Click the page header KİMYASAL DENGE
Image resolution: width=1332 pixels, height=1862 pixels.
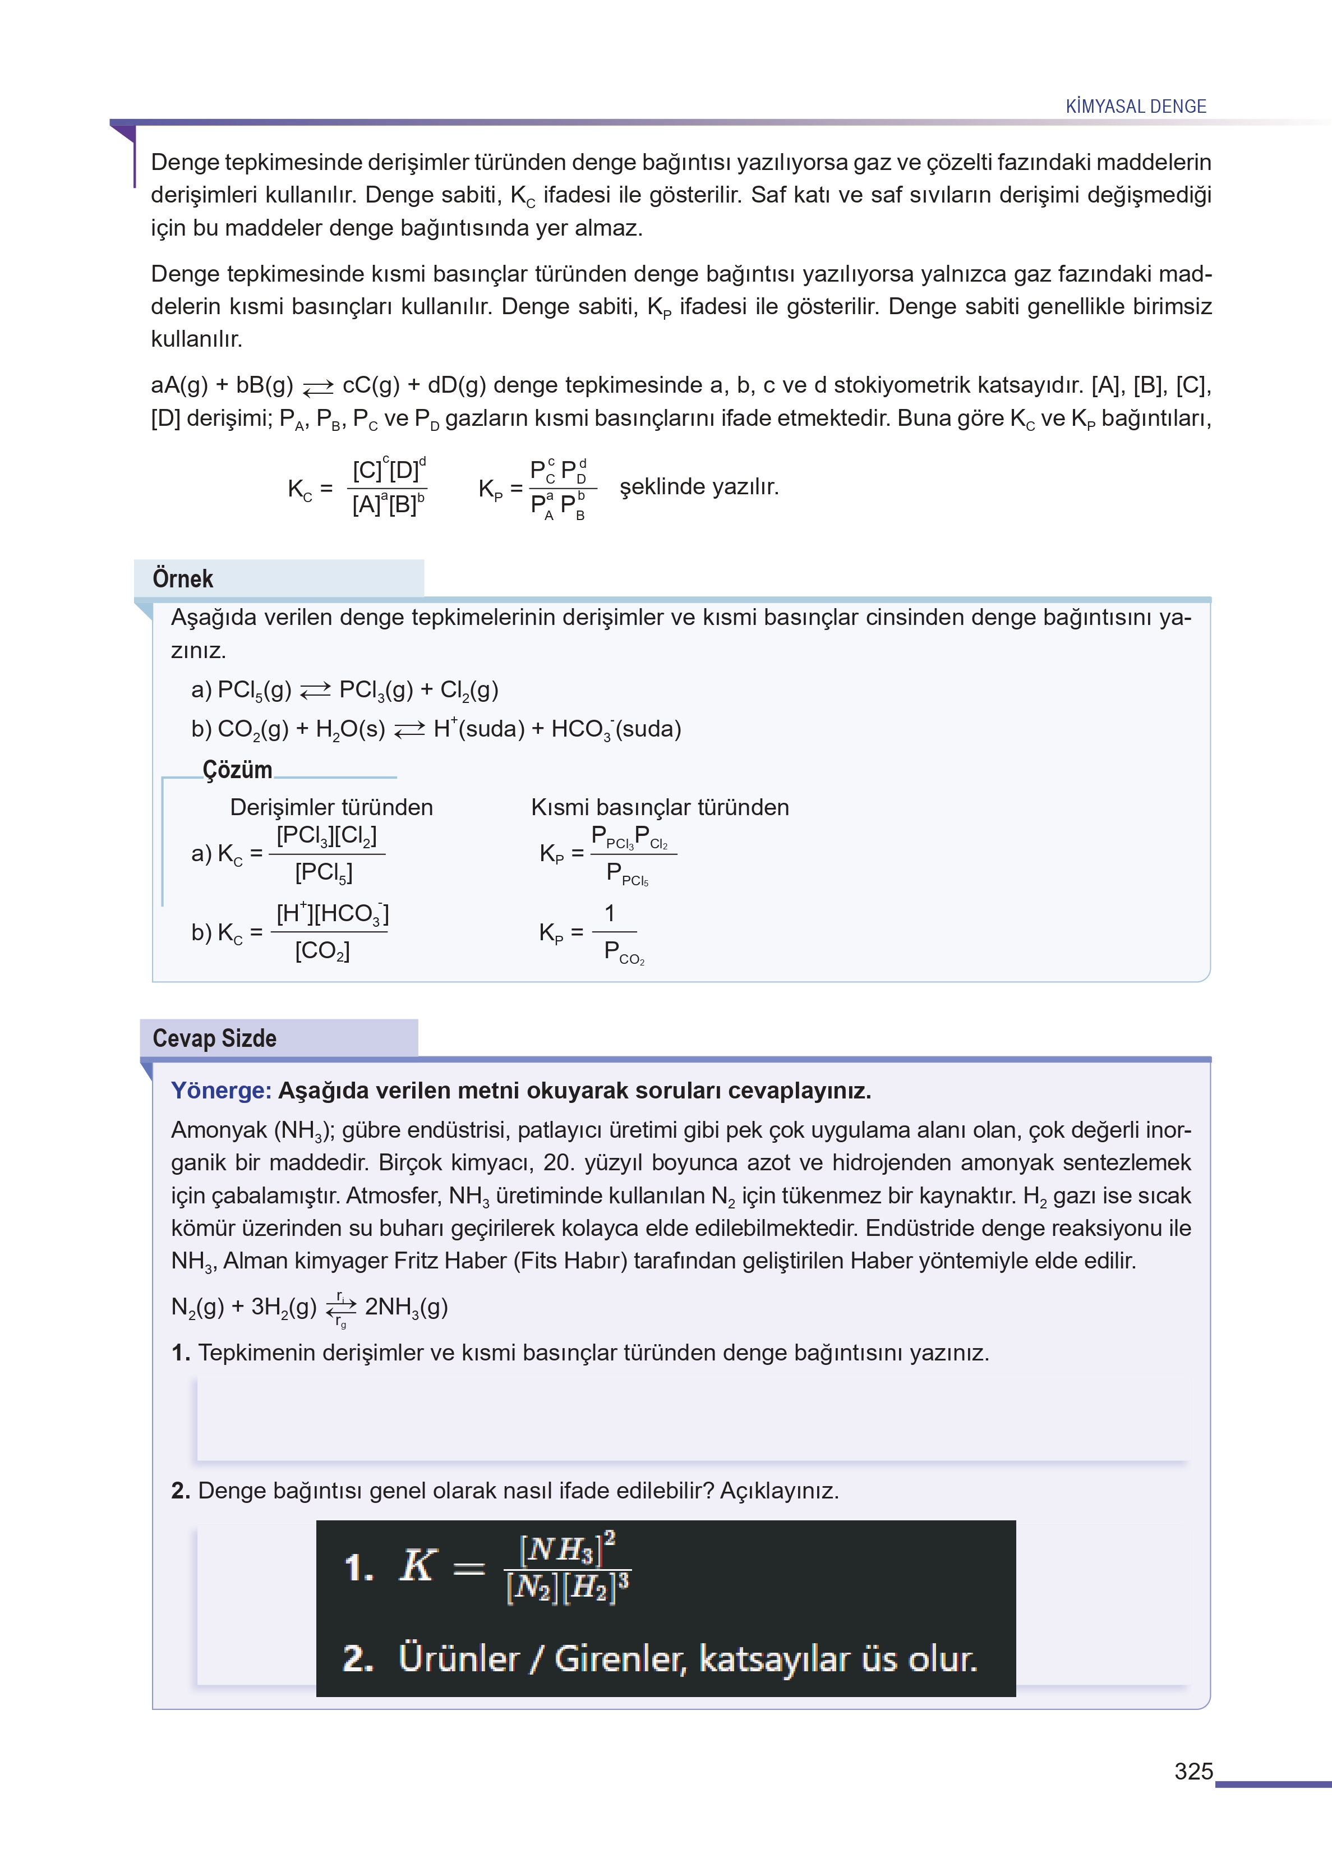point(1135,107)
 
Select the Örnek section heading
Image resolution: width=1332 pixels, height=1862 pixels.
point(183,579)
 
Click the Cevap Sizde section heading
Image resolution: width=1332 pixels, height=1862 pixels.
point(214,1038)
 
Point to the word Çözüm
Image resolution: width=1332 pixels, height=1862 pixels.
point(237,770)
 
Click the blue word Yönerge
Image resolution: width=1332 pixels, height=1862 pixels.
point(220,1091)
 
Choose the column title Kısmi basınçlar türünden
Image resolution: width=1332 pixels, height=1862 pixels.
point(660,807)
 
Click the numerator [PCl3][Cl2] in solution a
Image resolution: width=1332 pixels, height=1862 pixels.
point(326,836)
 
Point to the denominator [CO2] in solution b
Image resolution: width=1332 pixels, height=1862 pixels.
point(322,951)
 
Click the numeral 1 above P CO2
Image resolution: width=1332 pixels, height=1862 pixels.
point(610,913)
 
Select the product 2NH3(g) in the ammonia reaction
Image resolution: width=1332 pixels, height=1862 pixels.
point(406,1307)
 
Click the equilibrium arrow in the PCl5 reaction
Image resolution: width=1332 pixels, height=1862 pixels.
point(315,691)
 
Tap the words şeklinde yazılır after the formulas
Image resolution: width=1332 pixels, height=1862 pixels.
point(699,487)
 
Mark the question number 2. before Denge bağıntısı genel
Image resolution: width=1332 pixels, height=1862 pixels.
point(181,1491)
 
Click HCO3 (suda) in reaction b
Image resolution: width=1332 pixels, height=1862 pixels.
point(616,729)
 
